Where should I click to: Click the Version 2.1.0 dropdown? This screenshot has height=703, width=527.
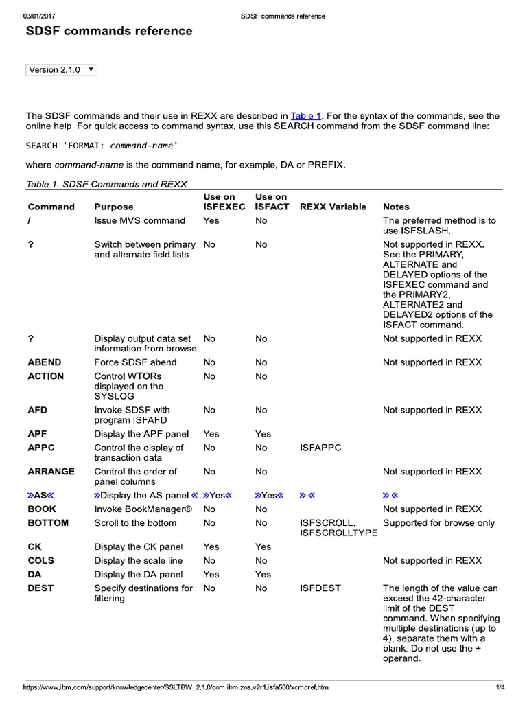(61, 70)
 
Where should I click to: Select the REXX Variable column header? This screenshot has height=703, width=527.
(333, 207)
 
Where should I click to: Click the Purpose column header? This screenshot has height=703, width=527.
(114, 207)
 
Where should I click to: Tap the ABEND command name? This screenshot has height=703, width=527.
(45, 362)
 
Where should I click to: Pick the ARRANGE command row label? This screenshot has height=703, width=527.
(51, 472)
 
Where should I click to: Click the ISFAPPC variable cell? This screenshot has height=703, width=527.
(320, 448)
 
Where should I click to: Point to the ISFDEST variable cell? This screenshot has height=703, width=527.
(320, 588)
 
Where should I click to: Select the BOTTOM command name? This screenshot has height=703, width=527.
(48, 523)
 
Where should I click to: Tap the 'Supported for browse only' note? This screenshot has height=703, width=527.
(438, 523)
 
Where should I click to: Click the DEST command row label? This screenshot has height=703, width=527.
(40, 588)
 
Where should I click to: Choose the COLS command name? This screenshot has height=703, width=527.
(40, 561)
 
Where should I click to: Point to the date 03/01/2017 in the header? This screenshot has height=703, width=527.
(39, 16)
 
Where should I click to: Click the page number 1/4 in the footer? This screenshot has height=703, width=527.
(500, 687)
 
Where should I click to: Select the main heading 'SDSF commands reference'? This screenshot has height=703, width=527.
(109, 32)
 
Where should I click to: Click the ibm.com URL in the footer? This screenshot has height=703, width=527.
(176, 687)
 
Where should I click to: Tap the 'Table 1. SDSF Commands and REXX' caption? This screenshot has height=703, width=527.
(106, 184)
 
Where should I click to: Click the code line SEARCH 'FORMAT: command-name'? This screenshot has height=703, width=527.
(102, 146)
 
